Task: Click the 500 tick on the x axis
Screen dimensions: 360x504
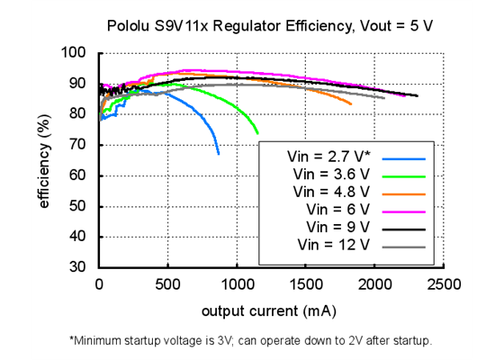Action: tap(167, 285)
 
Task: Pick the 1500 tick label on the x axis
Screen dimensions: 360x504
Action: tap(305, 285)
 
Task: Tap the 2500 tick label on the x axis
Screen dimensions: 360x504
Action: tap(443, 285)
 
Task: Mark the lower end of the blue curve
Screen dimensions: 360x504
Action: tap(218, 154)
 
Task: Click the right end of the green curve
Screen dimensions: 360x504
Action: tap(257, 133)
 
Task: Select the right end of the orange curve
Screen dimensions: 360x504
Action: tap(351, 104)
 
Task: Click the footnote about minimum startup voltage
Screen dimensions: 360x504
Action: tap(251, 341)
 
